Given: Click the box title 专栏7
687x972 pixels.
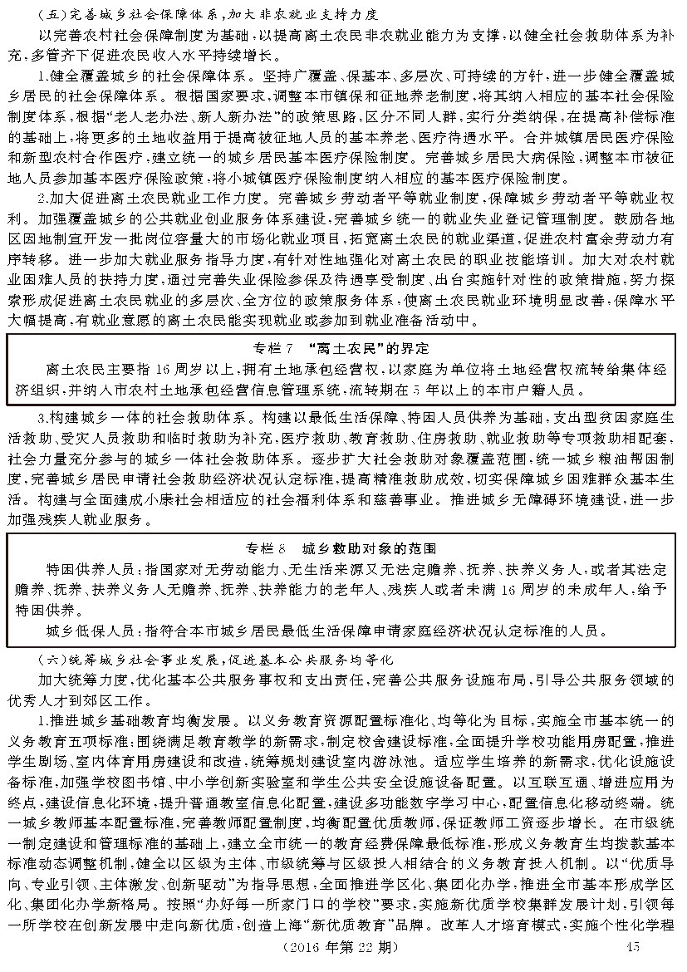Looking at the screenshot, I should coord(343,346).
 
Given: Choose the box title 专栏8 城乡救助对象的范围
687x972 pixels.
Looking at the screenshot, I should coord(343,548).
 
